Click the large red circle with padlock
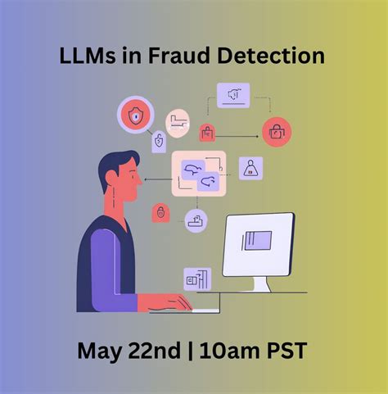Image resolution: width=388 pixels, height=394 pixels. pyautogui.click(x=277, y=129)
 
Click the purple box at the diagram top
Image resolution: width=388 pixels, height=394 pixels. pyautogui.click(x=233, y=95)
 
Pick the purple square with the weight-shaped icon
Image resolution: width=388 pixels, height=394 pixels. pyautogui.click(x=250, y=168)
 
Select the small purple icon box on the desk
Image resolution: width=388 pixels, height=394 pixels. pyautogui.click(x=197, y=279)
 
